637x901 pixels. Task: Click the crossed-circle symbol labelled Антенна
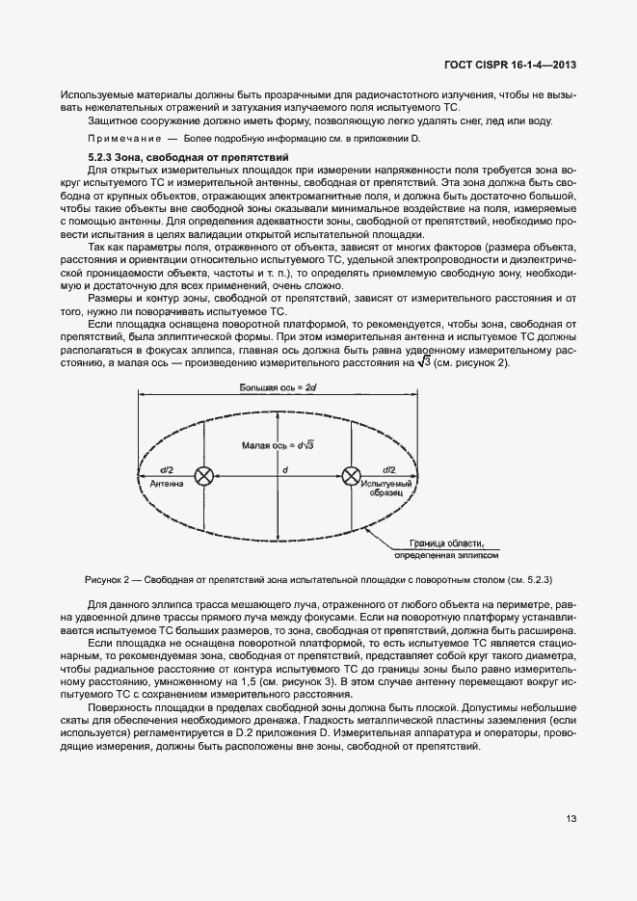pos(204,475)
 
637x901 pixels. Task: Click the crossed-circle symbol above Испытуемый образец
pos(351,475)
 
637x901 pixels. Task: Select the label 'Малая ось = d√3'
pos(279,445)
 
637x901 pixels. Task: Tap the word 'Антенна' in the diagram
pos(165,485)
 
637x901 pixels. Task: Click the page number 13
pos(571,819)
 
